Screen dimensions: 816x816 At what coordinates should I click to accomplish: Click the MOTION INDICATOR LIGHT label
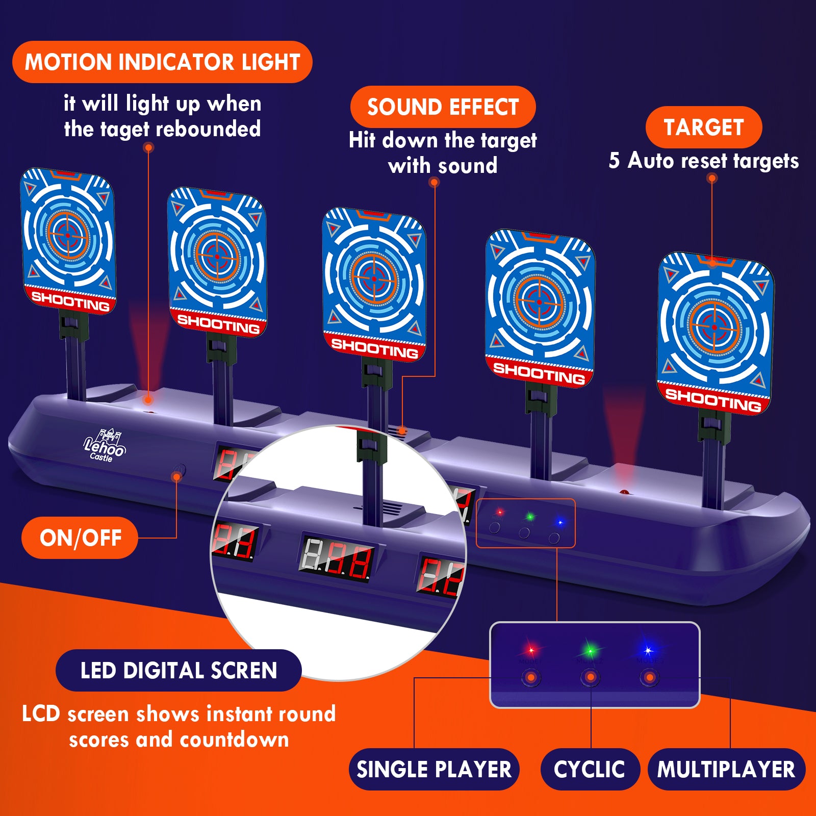tap(162, 62)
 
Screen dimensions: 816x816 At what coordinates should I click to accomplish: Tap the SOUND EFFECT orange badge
tap(443, 107)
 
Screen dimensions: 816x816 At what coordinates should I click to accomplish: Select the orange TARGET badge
tap(703, 127)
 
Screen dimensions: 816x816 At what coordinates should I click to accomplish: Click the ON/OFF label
tap(80, 538)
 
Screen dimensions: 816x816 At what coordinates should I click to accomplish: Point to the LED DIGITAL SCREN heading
tap(178, 671)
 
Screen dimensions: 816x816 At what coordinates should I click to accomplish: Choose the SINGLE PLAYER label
tap(433, 769)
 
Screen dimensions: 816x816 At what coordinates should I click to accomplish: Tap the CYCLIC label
tap(590, 769)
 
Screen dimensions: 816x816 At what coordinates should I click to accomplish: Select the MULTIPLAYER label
tap(726, 769)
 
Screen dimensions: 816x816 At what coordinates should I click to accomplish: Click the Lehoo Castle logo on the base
tap(104, 447)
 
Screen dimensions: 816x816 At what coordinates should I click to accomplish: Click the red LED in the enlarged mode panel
tap(531, 650)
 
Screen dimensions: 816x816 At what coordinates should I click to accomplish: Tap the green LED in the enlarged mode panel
tap(590, 650)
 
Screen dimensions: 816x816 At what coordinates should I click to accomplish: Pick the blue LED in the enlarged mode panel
tap(648, 650)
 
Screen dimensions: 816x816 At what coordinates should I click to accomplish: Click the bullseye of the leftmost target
tap(68, 236)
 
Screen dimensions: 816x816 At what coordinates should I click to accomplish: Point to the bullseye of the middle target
tap(374, 279)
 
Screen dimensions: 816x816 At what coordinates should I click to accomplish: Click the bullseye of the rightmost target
tap(714, 327)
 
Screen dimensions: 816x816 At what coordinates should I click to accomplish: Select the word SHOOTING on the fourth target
tap(539, 373)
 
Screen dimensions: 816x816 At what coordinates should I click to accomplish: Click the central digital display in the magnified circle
tap(337, 559)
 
